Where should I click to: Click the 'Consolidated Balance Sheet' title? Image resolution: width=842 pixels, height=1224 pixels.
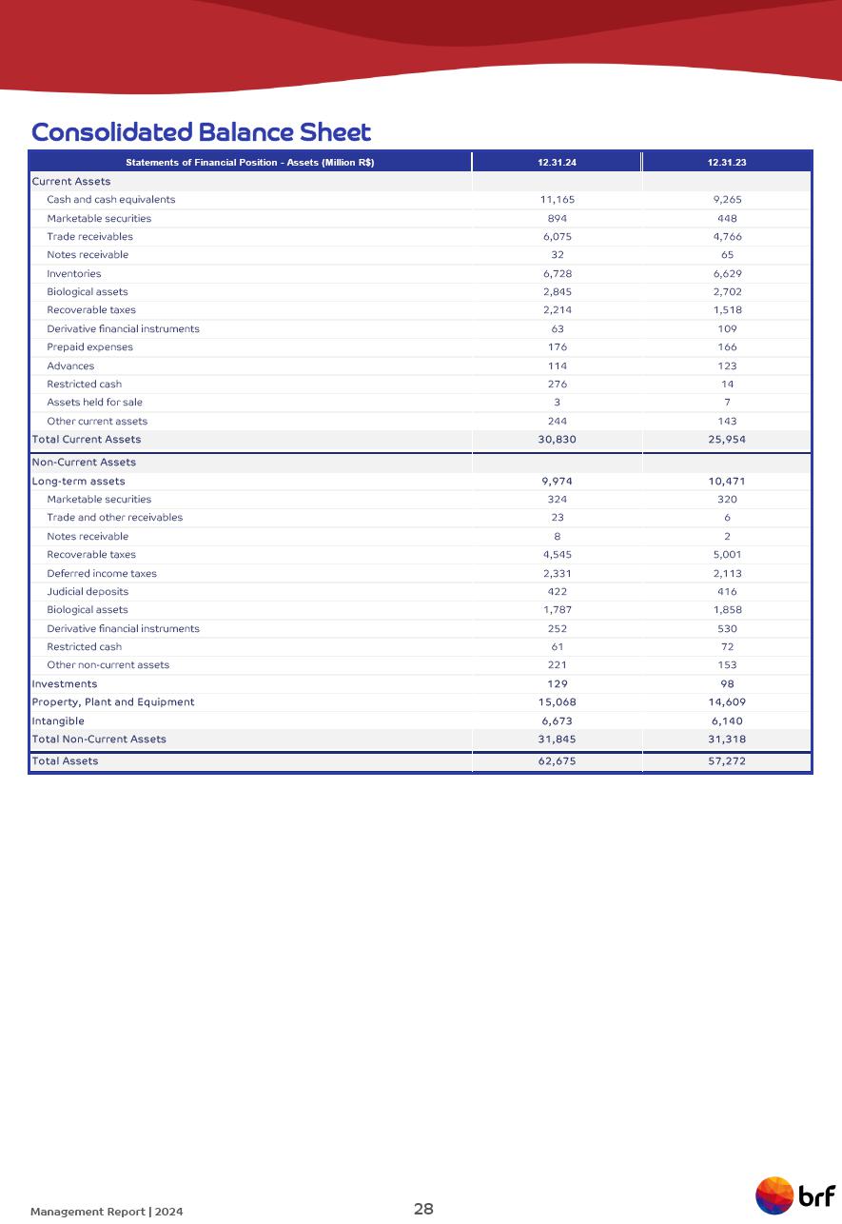coord(201,131)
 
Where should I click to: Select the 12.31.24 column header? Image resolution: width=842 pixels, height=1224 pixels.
coord(557,163)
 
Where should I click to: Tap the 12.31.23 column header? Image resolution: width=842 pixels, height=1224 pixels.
coord(727,163)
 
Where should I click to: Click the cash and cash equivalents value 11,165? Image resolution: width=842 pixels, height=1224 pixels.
coord(557,200)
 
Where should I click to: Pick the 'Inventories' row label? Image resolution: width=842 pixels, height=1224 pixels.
coord(74,274)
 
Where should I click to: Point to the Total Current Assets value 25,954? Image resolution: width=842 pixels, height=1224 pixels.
coord(727,440)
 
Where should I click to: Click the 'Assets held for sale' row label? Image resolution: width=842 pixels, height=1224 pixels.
coord(94,403)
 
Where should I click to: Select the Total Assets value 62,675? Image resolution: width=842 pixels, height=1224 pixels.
coord(557,761)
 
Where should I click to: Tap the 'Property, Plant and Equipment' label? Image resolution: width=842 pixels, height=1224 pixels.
coord(113,702)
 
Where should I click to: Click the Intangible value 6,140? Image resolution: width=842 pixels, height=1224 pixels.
coord(727,721)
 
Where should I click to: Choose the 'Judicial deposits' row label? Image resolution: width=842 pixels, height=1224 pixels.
coord(88,592)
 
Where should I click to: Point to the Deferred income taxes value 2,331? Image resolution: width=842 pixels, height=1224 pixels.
coord(557,574)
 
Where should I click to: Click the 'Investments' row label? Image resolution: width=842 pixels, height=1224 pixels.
coord(65,684)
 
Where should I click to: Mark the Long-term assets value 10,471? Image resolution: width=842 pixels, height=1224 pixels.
coord(727,482)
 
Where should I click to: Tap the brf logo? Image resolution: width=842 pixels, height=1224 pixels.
coord(795,1195)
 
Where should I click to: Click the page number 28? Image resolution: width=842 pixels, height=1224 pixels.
coord(423,1209)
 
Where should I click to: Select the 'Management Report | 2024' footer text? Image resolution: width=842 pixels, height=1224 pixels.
coord(107,1212)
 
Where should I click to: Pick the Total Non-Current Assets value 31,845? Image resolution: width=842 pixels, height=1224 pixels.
coord(557,740)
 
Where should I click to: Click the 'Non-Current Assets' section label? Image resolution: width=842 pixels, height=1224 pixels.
coord(84,463)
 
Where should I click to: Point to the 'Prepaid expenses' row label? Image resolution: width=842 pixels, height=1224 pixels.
coord(90,347)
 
